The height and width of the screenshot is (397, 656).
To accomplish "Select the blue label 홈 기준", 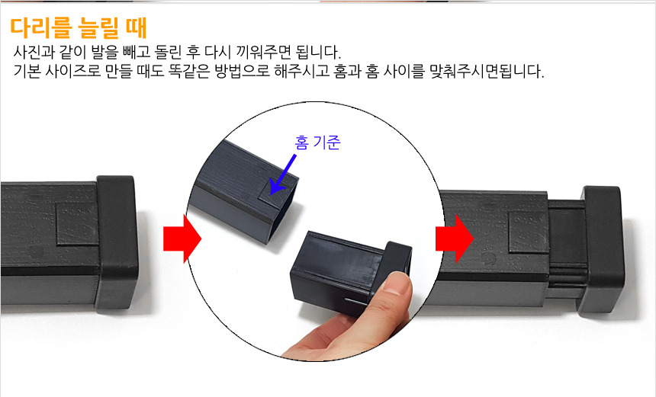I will point(317,142).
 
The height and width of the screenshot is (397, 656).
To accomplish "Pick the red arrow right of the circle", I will point(454,239).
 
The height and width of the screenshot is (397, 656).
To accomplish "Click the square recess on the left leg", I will point(76,232).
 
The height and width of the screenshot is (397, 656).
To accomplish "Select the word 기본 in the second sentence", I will point(27,73).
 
